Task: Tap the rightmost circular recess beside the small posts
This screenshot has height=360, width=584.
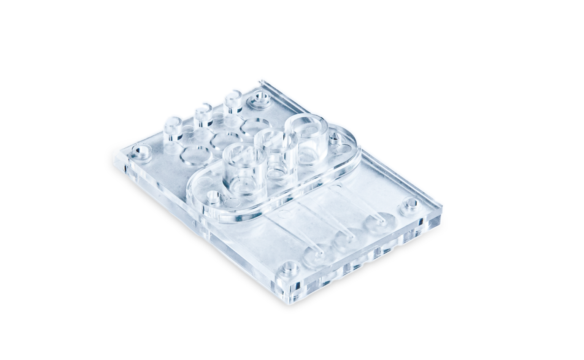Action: pyautogui.click(x=255, y=126)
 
